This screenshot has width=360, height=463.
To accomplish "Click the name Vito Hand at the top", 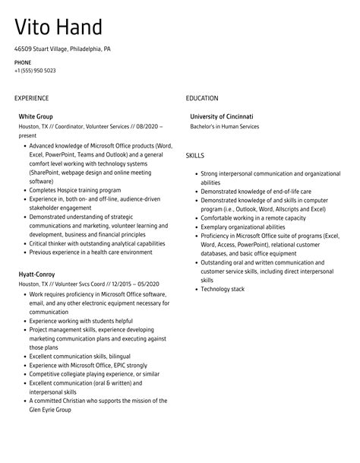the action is (58, 28).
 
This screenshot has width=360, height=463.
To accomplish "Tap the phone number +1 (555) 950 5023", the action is (34, 71).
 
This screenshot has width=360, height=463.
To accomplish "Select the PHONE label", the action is (22, 62).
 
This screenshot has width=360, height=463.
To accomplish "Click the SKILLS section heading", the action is (196, 156).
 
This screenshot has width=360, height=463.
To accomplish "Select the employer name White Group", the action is (36, 116).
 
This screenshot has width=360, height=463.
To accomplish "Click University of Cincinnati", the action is (222, 116).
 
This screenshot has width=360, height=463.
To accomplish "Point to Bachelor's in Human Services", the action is (224, 126).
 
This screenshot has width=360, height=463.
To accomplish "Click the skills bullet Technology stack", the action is (223, 290).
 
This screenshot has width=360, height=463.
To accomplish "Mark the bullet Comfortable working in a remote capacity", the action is (252, 217).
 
